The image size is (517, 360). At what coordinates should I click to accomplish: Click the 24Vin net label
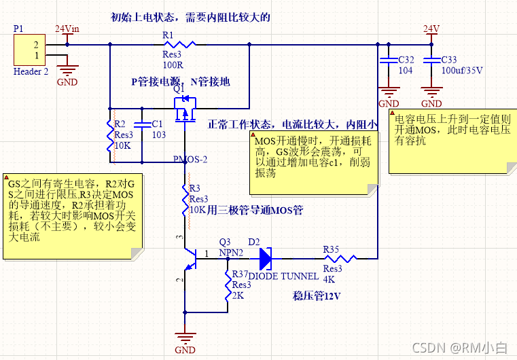pos(67,29)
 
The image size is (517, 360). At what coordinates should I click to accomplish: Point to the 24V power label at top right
pos(431,29)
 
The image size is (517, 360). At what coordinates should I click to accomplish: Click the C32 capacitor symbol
pos(389,60)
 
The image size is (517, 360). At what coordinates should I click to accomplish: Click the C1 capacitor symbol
pos(142,125)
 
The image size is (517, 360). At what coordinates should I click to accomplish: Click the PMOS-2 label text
pos(190,160)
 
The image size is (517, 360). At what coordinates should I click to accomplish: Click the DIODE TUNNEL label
pos(283,276)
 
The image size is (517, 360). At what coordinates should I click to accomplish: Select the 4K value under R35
pos(329,278)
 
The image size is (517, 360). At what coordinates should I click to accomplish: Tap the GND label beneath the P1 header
pos(67,82)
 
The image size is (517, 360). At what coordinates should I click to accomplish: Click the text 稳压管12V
pos(317,296)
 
